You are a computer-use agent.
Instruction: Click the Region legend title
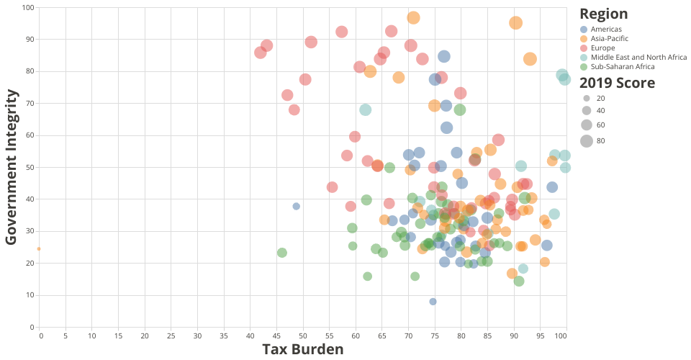(603, 14)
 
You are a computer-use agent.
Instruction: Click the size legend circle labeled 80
(587, 140)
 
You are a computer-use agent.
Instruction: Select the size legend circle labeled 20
(587, 98)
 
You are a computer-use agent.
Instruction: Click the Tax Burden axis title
(302, 349)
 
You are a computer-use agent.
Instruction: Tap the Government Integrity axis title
(12, 167)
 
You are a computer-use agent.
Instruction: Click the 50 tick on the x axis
(303, 336)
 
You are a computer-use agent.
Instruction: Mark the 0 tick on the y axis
(31, 327)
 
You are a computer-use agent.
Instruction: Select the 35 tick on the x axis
(224, 336)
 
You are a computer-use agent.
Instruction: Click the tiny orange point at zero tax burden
(39, 248)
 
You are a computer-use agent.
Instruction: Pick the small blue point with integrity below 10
(433, 302)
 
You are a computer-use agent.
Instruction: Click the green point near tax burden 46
(282, 253)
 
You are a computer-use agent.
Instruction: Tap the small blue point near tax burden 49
(296, 206)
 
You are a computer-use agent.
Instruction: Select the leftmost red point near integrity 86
(261, 53)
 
